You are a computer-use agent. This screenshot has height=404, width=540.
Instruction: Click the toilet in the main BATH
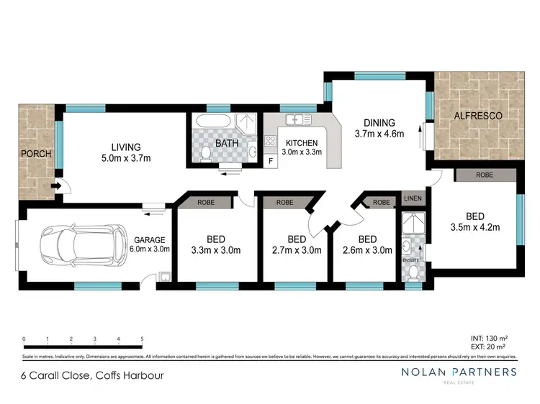(x=207, y=152)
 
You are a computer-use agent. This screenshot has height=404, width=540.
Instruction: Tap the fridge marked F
(x=270, y=160)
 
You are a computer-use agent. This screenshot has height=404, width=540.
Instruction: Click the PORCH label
(x=34, y=154)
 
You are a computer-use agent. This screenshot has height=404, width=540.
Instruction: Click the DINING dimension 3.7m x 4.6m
(x=379, y=133)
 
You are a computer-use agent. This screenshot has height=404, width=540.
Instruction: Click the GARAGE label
(x=150, y=240)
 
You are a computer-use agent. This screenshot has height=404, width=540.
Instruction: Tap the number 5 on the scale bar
(x=142, y=339)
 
